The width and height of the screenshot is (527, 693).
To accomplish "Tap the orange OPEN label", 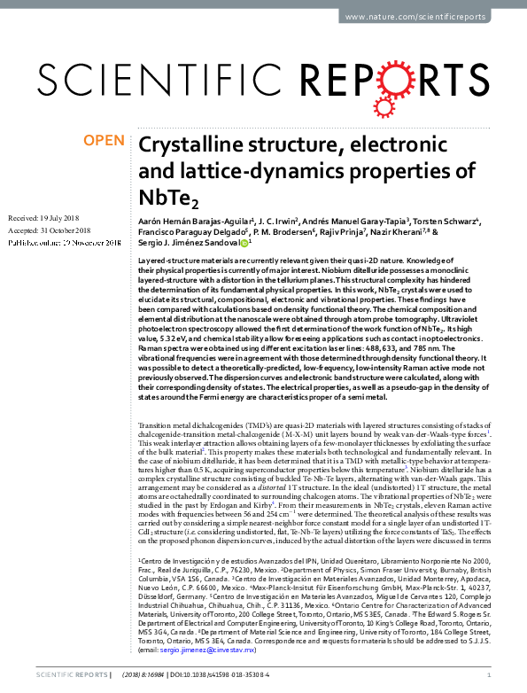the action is click(103, 141).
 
